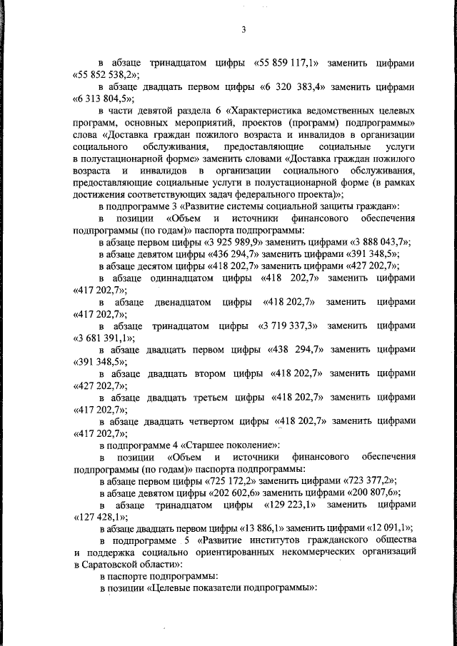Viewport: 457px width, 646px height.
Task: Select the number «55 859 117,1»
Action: pos(286,63)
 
